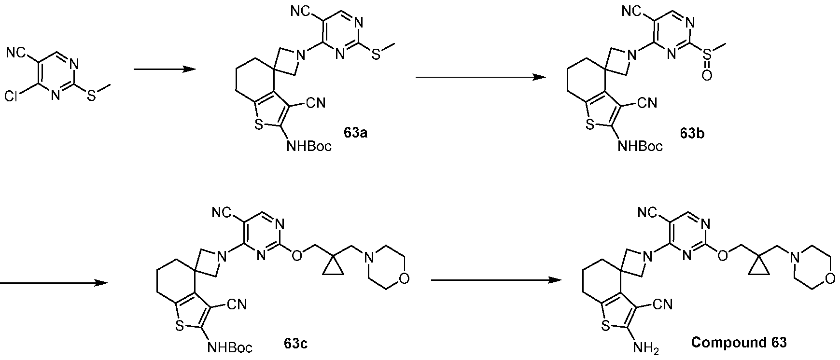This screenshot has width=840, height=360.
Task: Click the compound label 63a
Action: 356,133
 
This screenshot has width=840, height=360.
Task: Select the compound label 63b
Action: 692,133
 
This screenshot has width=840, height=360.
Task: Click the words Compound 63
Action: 739,343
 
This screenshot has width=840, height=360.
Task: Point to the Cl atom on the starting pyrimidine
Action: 12,97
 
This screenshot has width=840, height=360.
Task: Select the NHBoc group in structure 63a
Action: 309,146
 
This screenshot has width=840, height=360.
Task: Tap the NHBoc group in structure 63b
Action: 640,146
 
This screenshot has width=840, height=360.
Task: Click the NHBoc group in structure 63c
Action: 230,347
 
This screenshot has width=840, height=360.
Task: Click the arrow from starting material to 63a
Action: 165,69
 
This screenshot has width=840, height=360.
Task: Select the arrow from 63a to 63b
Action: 481,77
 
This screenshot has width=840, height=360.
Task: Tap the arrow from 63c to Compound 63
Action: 496,280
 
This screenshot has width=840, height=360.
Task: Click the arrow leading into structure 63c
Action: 53,283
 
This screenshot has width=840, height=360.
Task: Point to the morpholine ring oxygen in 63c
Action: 404,278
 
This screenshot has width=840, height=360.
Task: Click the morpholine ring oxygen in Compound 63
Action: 829,278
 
